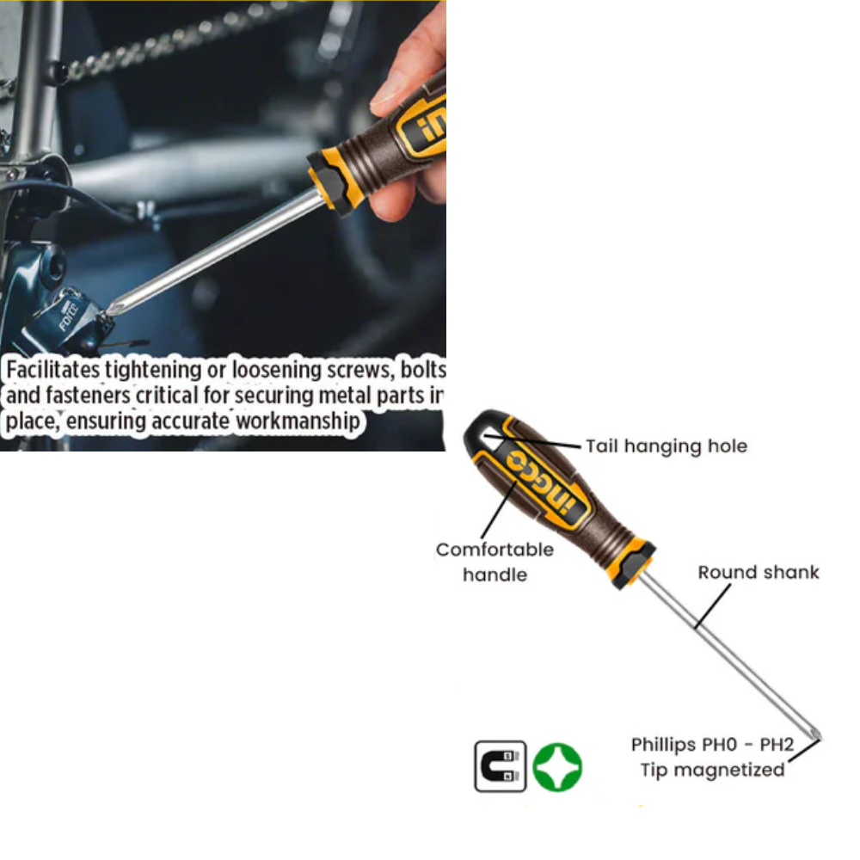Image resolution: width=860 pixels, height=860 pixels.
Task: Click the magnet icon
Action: pos(500,766)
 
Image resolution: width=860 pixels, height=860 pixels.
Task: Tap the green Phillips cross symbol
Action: pos(557,767)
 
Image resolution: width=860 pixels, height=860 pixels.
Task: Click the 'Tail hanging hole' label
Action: pos(666,446)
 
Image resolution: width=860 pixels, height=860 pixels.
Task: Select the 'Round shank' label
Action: pos(759,572)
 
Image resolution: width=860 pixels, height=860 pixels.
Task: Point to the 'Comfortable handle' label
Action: pos(494,562)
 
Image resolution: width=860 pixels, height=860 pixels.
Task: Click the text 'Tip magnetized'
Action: pos(712,770)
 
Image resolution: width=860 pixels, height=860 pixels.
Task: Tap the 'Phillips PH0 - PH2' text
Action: pos(712,744)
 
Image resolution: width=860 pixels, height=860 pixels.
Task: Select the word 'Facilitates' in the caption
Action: pos(53,369)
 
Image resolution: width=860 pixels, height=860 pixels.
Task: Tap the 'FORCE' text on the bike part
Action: pos(69,317)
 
